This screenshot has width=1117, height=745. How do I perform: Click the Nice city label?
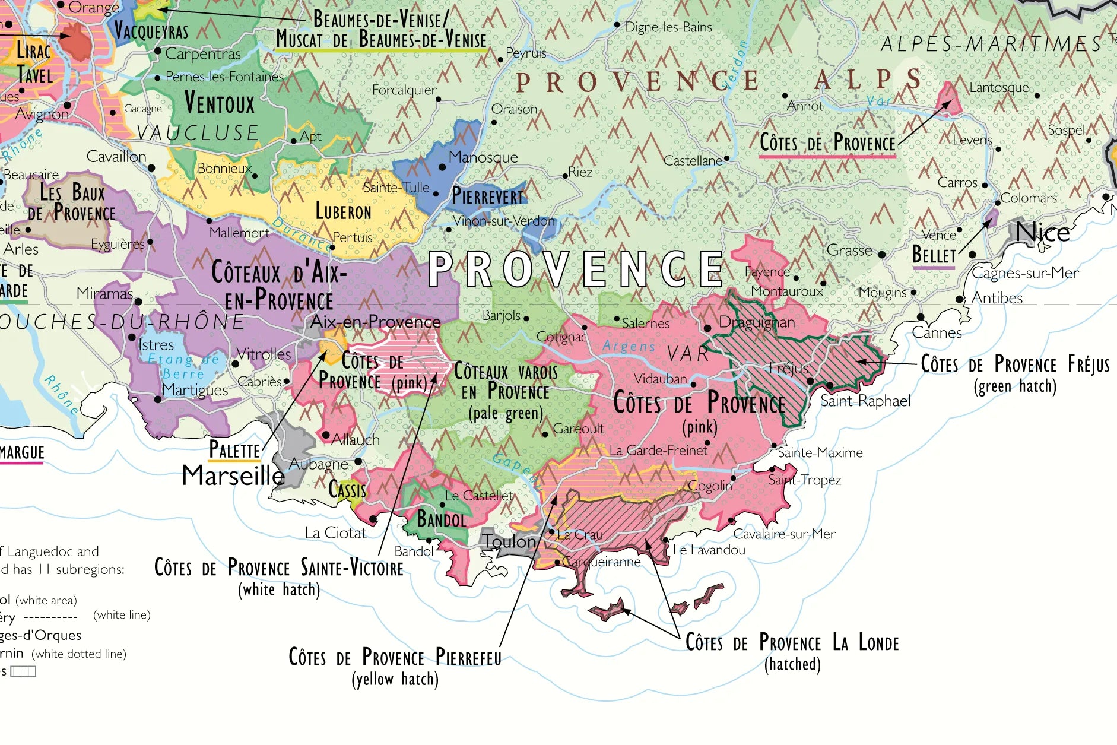[1042, 232]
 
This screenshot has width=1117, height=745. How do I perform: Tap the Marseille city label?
[233, 475]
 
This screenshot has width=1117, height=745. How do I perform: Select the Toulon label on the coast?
[509, 541]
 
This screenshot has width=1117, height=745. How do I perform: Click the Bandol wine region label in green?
[441, 519]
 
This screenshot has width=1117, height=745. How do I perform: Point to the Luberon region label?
[343, 211]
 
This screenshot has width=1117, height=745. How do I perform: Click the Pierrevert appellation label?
[488, 196]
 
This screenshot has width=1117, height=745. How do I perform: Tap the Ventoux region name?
[219, 103]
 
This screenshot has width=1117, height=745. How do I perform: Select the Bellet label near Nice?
[934, 255]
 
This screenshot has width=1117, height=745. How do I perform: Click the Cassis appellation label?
[347, 490]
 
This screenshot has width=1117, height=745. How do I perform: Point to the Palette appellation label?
[234, 451]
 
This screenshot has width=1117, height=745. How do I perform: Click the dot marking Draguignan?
[707, 328]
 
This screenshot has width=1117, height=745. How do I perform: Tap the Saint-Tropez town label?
[804, 480]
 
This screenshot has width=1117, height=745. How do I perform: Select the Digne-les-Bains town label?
[668, 27]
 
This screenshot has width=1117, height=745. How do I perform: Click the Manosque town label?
[483, 157]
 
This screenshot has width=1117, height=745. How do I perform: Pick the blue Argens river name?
[629, 346]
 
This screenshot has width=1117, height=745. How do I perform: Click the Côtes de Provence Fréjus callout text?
[1014, 364]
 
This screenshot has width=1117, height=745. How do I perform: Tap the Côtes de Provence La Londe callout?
[792, 643]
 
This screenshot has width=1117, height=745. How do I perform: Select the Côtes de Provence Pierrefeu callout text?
[395, 657]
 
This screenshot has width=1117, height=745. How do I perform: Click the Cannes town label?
[936, 332]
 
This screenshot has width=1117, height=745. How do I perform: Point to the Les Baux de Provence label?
[72, 202]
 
